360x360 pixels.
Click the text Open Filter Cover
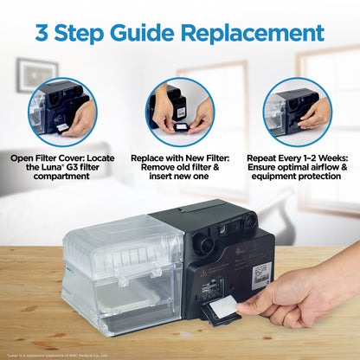click(60, 159)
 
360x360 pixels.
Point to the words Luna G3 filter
click(68, 170)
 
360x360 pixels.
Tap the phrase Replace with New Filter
click(180, 159)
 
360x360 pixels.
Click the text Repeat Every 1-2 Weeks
click(298, 159)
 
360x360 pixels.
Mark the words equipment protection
click(298, 180)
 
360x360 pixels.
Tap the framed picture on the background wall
click(36, 74)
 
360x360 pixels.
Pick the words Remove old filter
click(180, 170)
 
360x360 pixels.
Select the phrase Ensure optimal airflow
click(298, 170)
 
